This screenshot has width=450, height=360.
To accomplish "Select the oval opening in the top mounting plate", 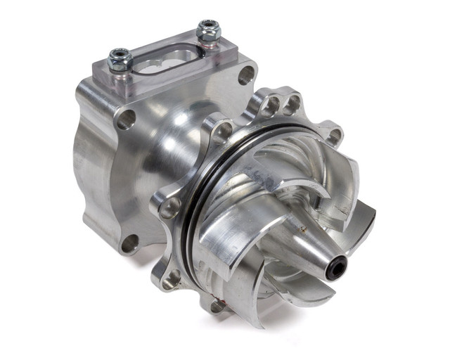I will pos(163,63).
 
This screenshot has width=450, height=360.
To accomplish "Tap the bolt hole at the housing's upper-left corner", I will pos(125,119).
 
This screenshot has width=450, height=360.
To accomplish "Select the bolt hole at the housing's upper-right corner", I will pos(246,75).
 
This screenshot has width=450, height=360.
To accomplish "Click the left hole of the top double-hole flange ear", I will pos(271,106).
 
